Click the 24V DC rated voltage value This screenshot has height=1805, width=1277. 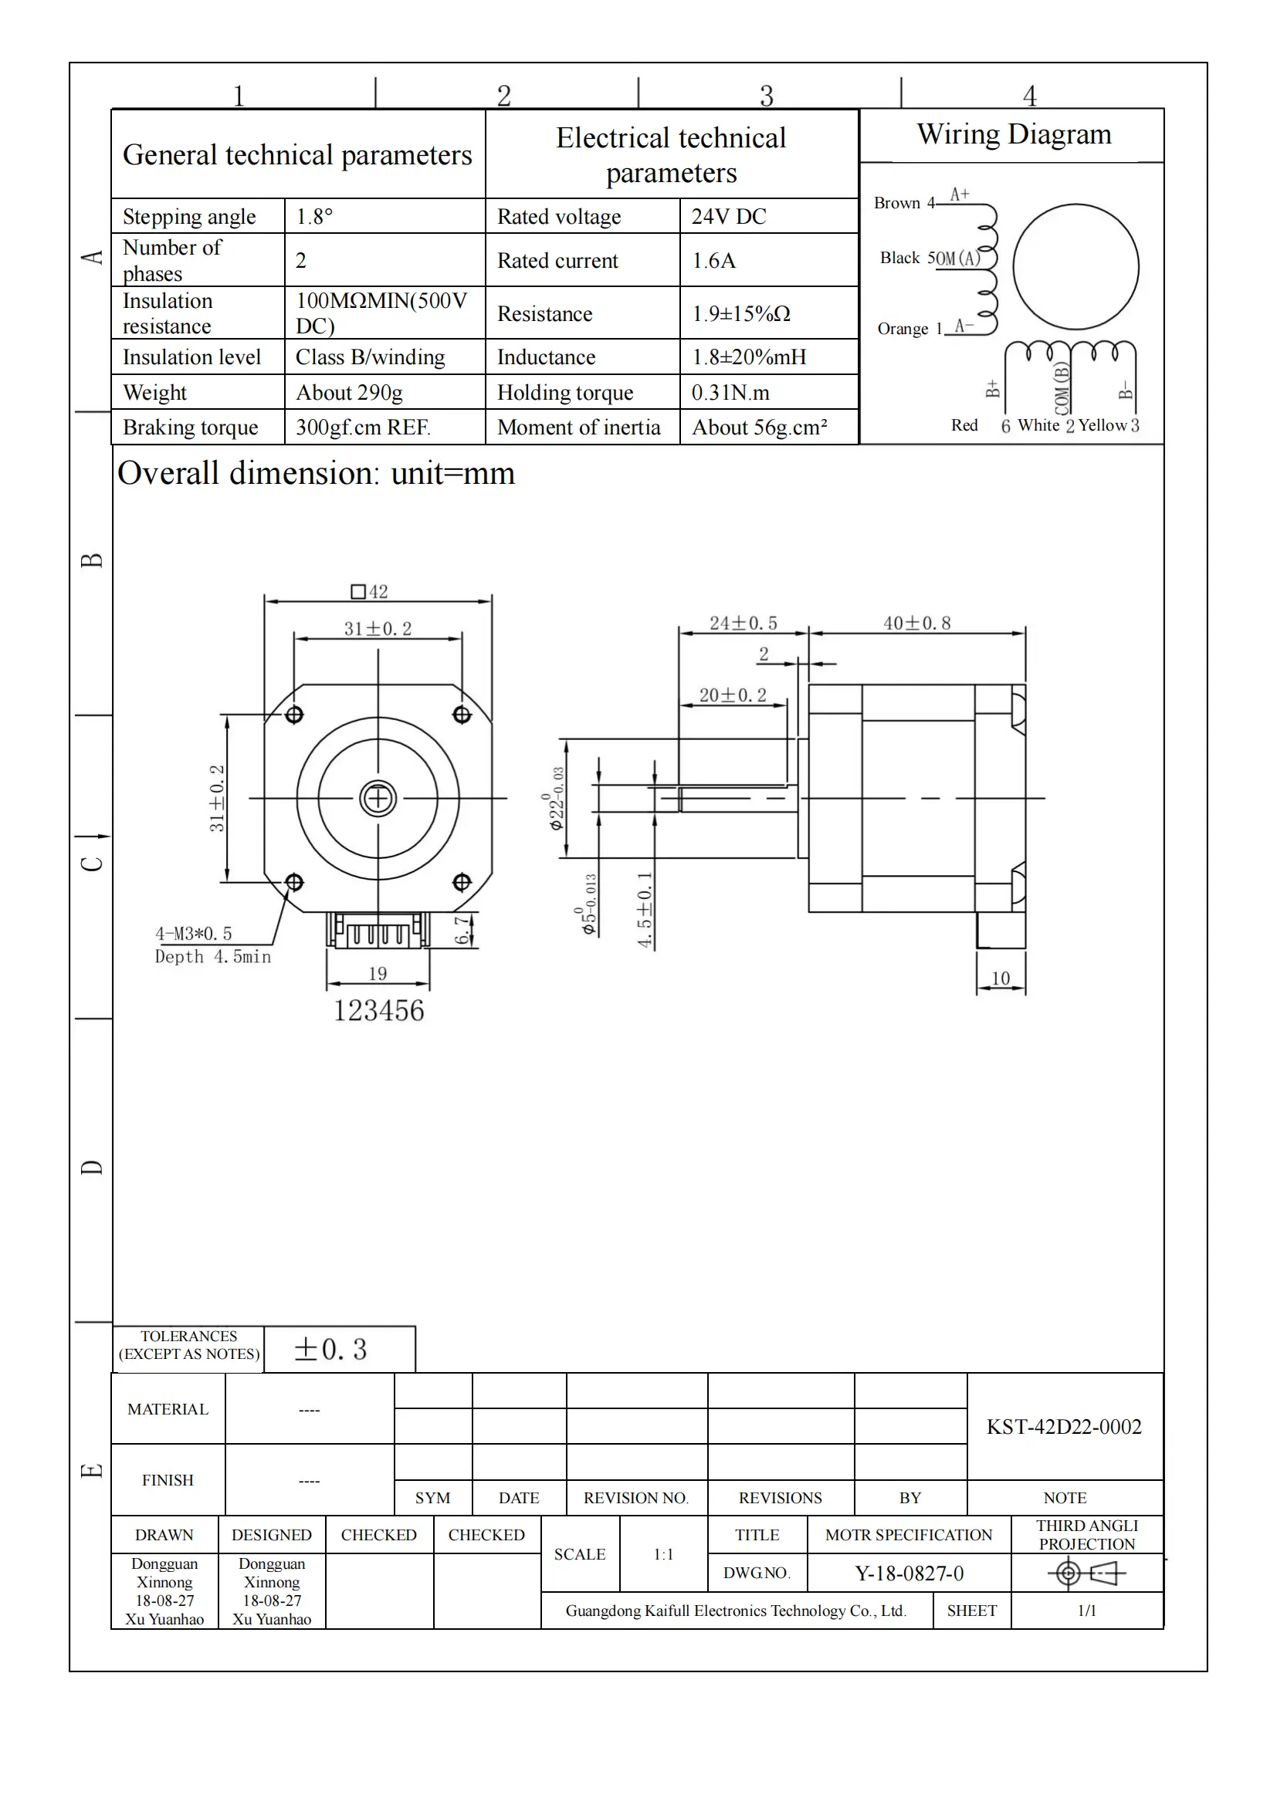(x=728, y=216)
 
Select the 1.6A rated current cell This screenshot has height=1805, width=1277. (x=713, y=260)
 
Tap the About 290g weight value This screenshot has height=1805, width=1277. (x=349, y=392)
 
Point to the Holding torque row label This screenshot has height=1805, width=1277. (x=564, y=392)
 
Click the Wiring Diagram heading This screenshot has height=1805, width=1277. (x=1014, y=134)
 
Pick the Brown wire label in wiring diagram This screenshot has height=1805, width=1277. (x=896, y=203)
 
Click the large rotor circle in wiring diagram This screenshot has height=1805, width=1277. (x=1075, y=267)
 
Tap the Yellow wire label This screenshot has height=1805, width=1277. (x=1103, y=425)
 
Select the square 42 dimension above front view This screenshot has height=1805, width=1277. (x=370, y=591)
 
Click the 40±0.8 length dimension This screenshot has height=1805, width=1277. (x=917, y=624)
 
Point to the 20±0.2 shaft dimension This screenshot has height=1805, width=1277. (x=732, y=695)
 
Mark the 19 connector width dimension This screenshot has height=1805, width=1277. (x=378, y=973)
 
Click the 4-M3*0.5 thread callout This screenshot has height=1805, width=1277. (x=194, y=934)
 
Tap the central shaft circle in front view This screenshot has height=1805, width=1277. (x=378, y=799)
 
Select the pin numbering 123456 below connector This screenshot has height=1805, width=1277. (x=378, y=1010)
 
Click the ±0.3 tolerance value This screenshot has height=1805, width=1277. (x=330, y=1350)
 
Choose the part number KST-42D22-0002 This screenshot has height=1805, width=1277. (x=1063, y=1427)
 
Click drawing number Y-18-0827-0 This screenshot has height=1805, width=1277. (x=908, y=1573)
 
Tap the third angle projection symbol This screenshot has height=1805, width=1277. (x=1086, y=1573)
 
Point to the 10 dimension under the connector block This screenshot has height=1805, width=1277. (x=1000, y=978)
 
